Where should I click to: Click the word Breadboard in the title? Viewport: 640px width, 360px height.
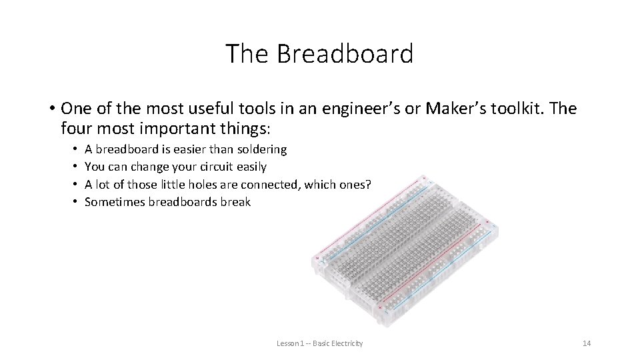[x=345, y=54]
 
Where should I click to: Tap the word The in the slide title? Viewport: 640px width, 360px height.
[x=247, y=54]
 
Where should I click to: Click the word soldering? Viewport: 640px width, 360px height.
[x=257, y=149]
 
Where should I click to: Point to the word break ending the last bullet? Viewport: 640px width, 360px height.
[x=235, y=202]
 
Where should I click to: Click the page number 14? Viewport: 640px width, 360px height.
[x=586, y=343]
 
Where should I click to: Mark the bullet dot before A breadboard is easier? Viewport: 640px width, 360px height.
[x=76, y=149]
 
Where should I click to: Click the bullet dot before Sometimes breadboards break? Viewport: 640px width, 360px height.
[x=76, y=202]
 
